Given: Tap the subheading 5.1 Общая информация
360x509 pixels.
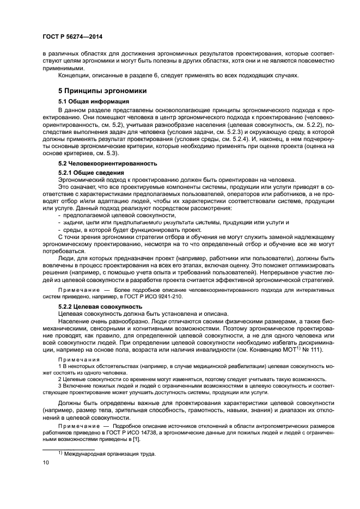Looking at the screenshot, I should tap(93, 101).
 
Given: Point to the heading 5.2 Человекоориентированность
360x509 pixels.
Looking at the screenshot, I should tap(107, 163).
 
